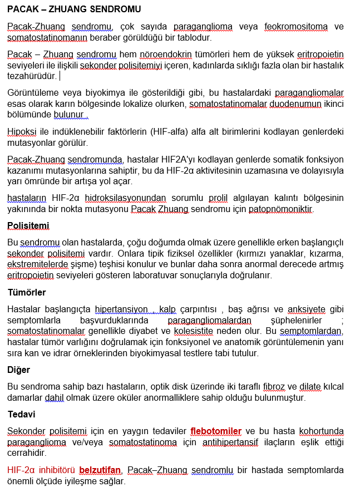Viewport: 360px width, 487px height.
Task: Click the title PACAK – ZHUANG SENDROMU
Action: (x=74, y=9)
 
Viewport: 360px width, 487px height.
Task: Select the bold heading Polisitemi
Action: (x=28, y=226)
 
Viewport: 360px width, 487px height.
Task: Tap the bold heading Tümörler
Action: (x=27, y=292)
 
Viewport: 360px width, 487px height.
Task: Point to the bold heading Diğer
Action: (x=19, y=370)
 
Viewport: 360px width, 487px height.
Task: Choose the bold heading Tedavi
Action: (x=22, y=415)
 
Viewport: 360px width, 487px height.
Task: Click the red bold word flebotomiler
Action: (x=216, y=431)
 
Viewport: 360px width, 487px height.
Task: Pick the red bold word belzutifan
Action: (x=101, y=470)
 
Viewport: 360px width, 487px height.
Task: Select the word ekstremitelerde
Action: (x=38, y=264)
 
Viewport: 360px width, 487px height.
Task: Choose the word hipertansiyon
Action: (x=121, y=309)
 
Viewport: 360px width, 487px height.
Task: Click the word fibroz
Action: (x=274, y=387)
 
